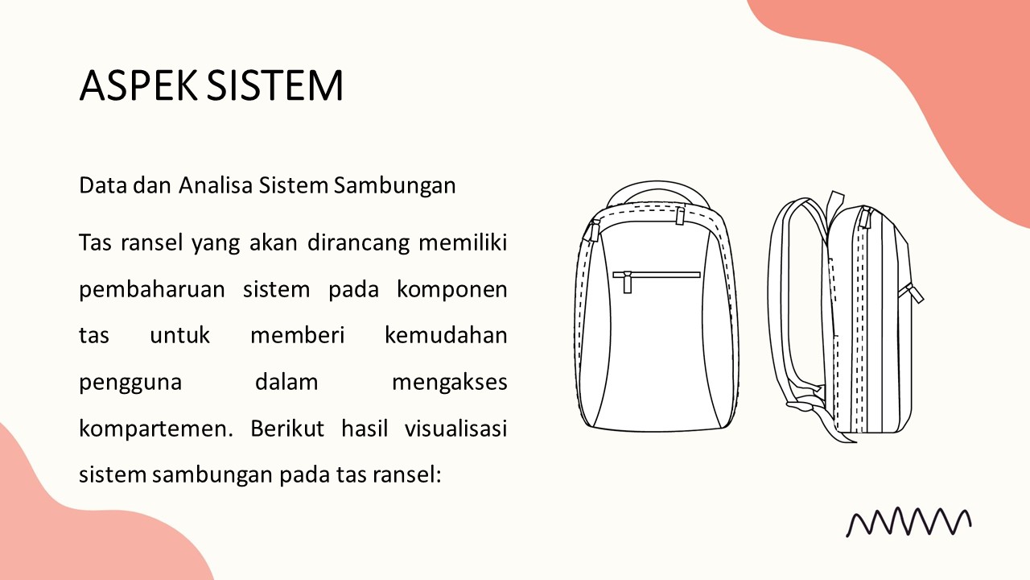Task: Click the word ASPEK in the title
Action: (138, 85)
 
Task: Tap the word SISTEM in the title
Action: (274, 85)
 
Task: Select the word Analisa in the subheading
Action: (216, 185)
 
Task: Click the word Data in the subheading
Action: (103, 185)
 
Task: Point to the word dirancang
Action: (358, 243)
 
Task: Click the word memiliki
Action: (463, 242)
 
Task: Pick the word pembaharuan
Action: (152, 290)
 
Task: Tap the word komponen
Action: (452, 290)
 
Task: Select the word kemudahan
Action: (446, 335)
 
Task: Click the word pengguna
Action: (130, 383)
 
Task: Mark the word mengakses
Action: (449, 383)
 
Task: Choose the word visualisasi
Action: (455, 428)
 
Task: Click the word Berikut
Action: (287, 428)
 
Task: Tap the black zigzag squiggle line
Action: (908, 523)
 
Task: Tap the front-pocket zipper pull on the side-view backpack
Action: (913, 292)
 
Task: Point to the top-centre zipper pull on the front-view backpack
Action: (680, 216)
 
